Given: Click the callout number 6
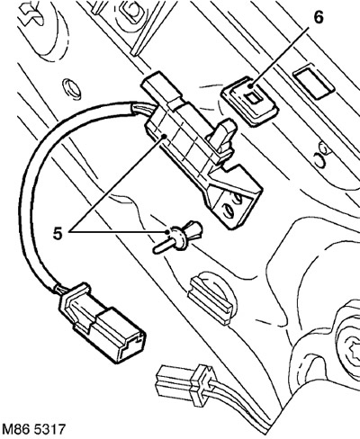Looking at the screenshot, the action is click(319, 18).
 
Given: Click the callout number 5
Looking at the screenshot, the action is click(58, 234).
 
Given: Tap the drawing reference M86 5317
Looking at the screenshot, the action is click(32, 429).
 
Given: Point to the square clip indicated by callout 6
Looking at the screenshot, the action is click(249, 101).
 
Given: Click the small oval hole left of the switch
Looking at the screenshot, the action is click(71, 89).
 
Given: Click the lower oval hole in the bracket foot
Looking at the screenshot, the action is click(228, 211).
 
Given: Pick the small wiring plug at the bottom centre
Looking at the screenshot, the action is click(186, 385).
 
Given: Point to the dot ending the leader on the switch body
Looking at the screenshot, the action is click(164, 137).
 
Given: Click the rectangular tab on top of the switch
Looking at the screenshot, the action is click(162, 89).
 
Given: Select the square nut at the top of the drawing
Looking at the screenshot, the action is click(130, 12).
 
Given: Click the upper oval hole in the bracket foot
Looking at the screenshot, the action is click(238, 199).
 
